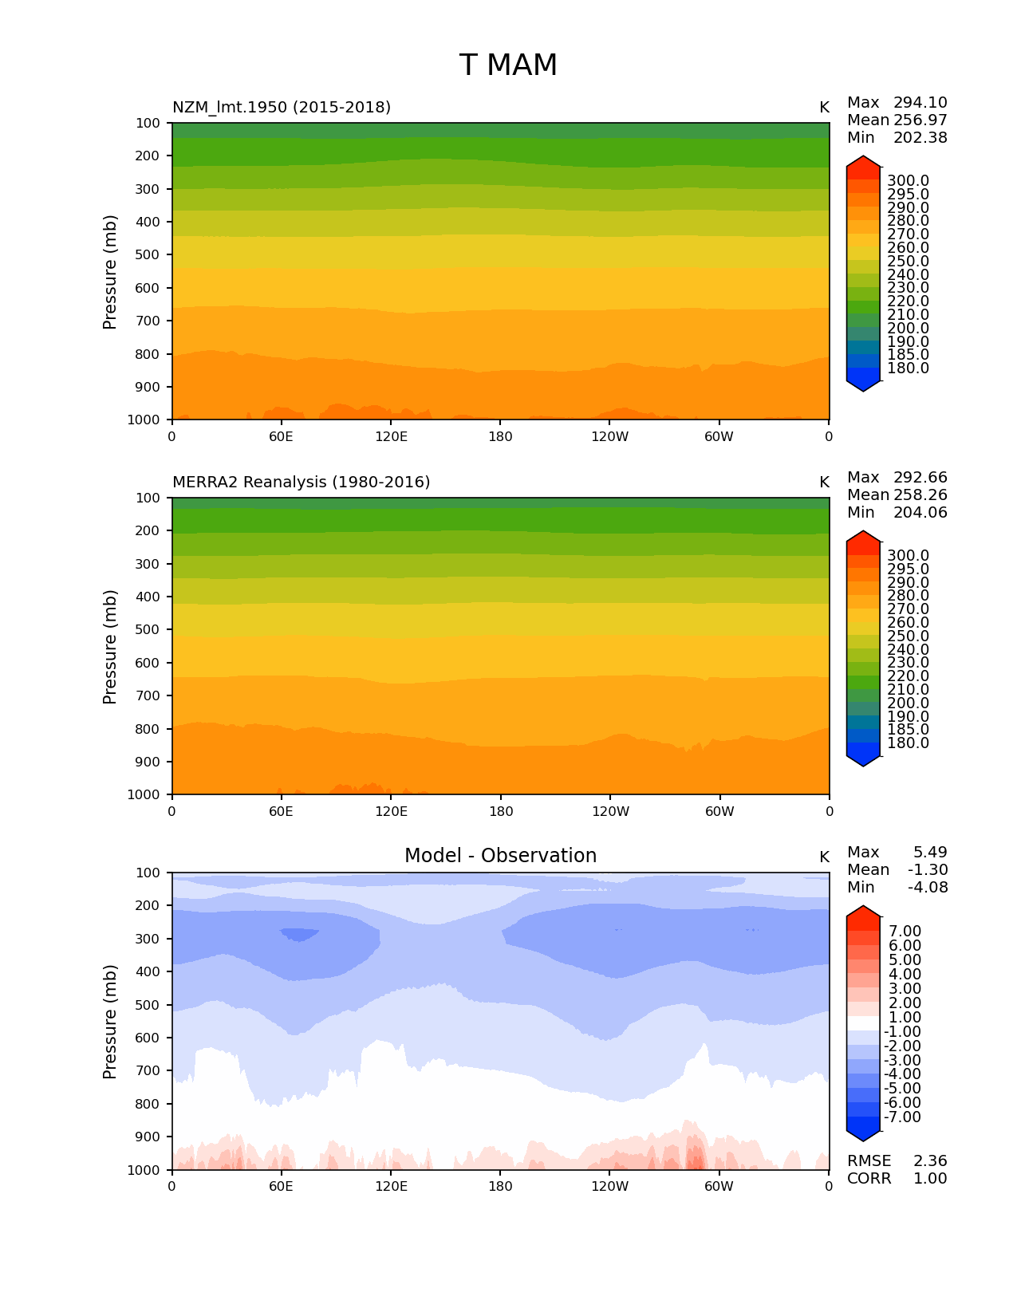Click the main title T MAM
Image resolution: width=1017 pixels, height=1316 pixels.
coord(508,65)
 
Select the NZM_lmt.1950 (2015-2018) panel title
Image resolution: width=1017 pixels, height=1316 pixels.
coord(282,108)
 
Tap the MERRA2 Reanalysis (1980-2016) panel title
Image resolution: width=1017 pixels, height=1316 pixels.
coord(301,483)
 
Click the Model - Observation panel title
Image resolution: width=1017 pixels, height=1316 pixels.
coord(500,856)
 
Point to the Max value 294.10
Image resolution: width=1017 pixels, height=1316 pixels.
coord(920,103)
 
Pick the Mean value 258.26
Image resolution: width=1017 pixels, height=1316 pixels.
coord(920,495)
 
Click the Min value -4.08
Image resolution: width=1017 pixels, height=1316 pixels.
coord(927,888)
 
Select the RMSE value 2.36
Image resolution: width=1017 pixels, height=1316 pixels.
coord(930,1161)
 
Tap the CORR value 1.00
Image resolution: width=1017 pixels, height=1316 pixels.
coord(930,1179)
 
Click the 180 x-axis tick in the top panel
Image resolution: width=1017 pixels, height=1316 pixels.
coord(500,437)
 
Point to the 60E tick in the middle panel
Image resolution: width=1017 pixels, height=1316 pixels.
coord(281,812)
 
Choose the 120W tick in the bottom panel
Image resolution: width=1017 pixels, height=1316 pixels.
coord(609,1187)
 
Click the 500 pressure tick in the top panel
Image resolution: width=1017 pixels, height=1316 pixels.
coord(148,255)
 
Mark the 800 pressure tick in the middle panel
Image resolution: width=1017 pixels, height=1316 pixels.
coord(148,729)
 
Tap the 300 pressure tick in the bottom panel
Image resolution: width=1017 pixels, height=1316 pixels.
coord(148,939)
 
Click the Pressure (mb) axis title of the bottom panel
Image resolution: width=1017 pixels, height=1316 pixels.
coord(110,1022)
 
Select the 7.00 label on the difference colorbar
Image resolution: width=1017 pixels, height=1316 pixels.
coord(905,932)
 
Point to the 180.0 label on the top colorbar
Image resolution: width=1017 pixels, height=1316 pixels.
coord(908,368)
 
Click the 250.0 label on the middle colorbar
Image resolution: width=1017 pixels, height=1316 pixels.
coord(908,636)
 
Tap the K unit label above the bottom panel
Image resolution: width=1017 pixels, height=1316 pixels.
coord(824,857)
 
